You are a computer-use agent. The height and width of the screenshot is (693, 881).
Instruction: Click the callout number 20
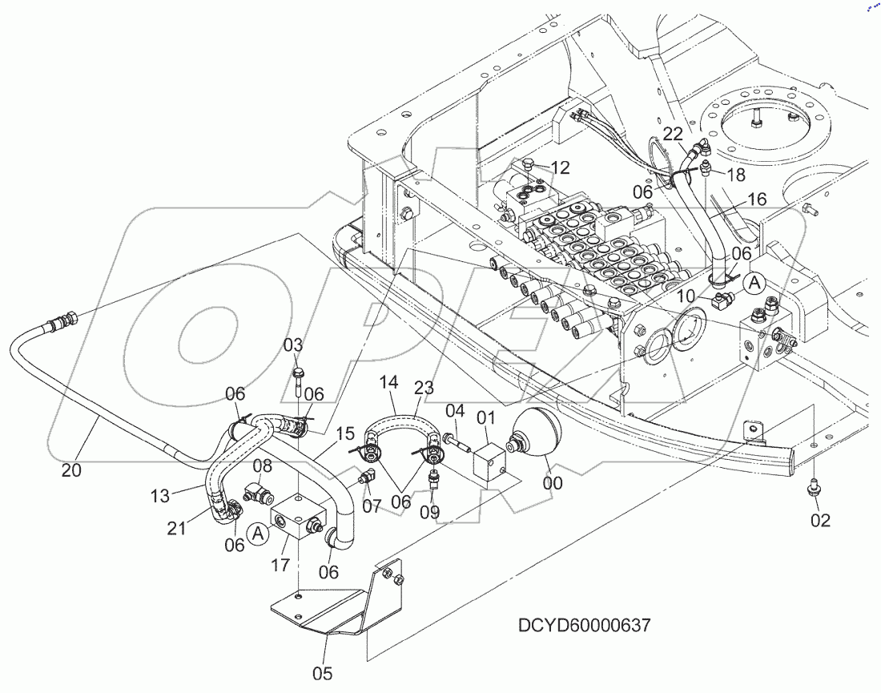[x=72, y=471]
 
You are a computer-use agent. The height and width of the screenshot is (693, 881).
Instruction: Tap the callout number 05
[x=322, y=674]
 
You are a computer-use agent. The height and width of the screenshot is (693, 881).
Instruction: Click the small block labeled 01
[x=490, y=465]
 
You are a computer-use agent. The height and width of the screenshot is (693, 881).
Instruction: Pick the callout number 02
[x=820, y=521]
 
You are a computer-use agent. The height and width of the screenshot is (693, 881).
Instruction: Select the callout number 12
[x=561, y=167]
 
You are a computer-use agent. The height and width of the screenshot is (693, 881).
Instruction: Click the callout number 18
[x=735, y=175]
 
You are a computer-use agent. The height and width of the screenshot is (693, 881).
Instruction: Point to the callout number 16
[x=757, y=199]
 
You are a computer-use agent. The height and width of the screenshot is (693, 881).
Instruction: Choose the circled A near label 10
[x=754, y=282]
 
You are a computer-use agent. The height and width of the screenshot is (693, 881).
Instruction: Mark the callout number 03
[x=294, y=345]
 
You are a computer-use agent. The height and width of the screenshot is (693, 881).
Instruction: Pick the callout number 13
[x=160, y=497]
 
